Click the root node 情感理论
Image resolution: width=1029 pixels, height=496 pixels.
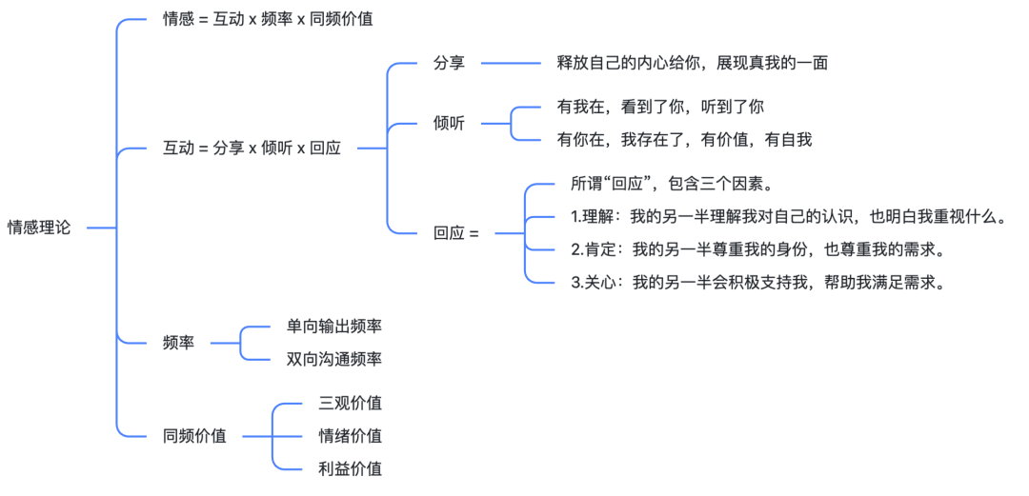[x=38, y=228]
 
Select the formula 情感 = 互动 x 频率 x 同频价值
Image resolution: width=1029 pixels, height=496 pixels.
[x=268, y=19]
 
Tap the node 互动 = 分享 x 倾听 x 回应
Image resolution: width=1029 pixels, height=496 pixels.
[x=252, y=149]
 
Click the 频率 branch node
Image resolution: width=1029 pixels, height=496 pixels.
[x=178, y=343]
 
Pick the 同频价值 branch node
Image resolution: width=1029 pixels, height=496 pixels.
[x=194, y=436]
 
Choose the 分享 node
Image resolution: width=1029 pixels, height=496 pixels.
[x=450, y=63]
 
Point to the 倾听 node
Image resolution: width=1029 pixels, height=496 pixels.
[x=450, y=123]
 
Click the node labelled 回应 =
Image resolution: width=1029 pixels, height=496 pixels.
[x=456, y=232]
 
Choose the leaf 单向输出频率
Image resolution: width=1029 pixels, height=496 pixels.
[x=334, y=327]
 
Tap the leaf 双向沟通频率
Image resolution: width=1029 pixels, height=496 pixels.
[x=334, y=359]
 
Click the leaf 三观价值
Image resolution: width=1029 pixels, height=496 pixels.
[x=350, y=403]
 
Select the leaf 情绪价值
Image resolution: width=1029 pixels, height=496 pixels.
[x=350, y=436]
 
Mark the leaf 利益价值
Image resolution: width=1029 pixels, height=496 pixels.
[x=350, y=468]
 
